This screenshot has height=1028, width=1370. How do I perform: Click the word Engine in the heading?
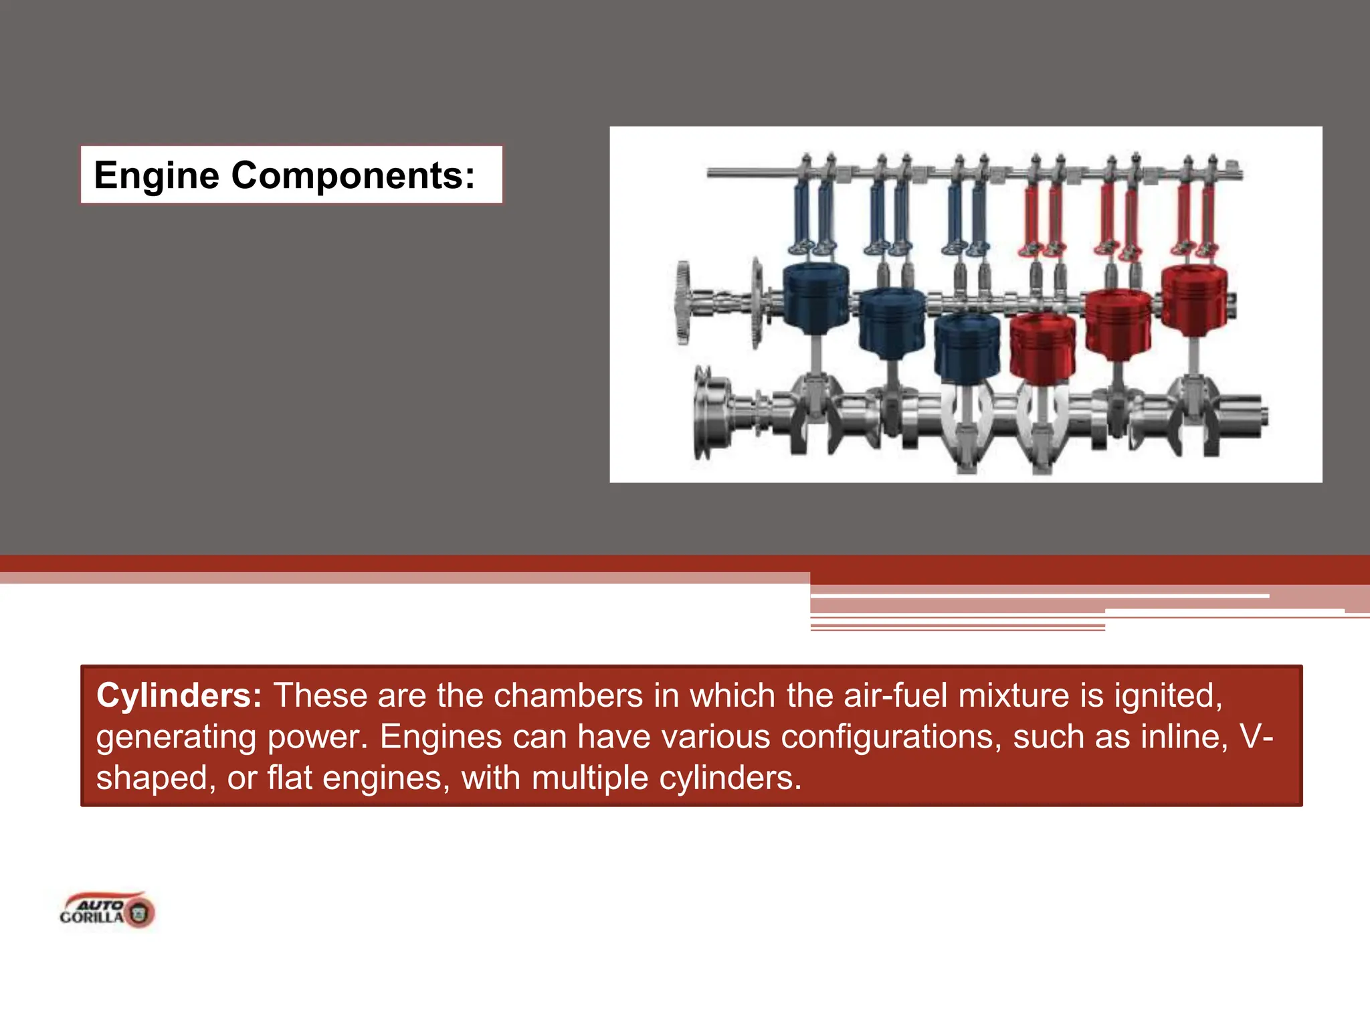pos(157,176)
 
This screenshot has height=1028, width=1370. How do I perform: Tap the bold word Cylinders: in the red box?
pos(179,695)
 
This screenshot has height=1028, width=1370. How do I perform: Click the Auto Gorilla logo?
pos(107,910)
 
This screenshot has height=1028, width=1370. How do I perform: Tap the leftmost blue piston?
pos(815,298)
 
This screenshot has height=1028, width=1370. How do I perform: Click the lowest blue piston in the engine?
pos(967,348)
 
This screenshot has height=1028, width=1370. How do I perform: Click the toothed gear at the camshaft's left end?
pos(682,303)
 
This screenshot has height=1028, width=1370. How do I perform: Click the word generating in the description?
pos(176,737)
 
